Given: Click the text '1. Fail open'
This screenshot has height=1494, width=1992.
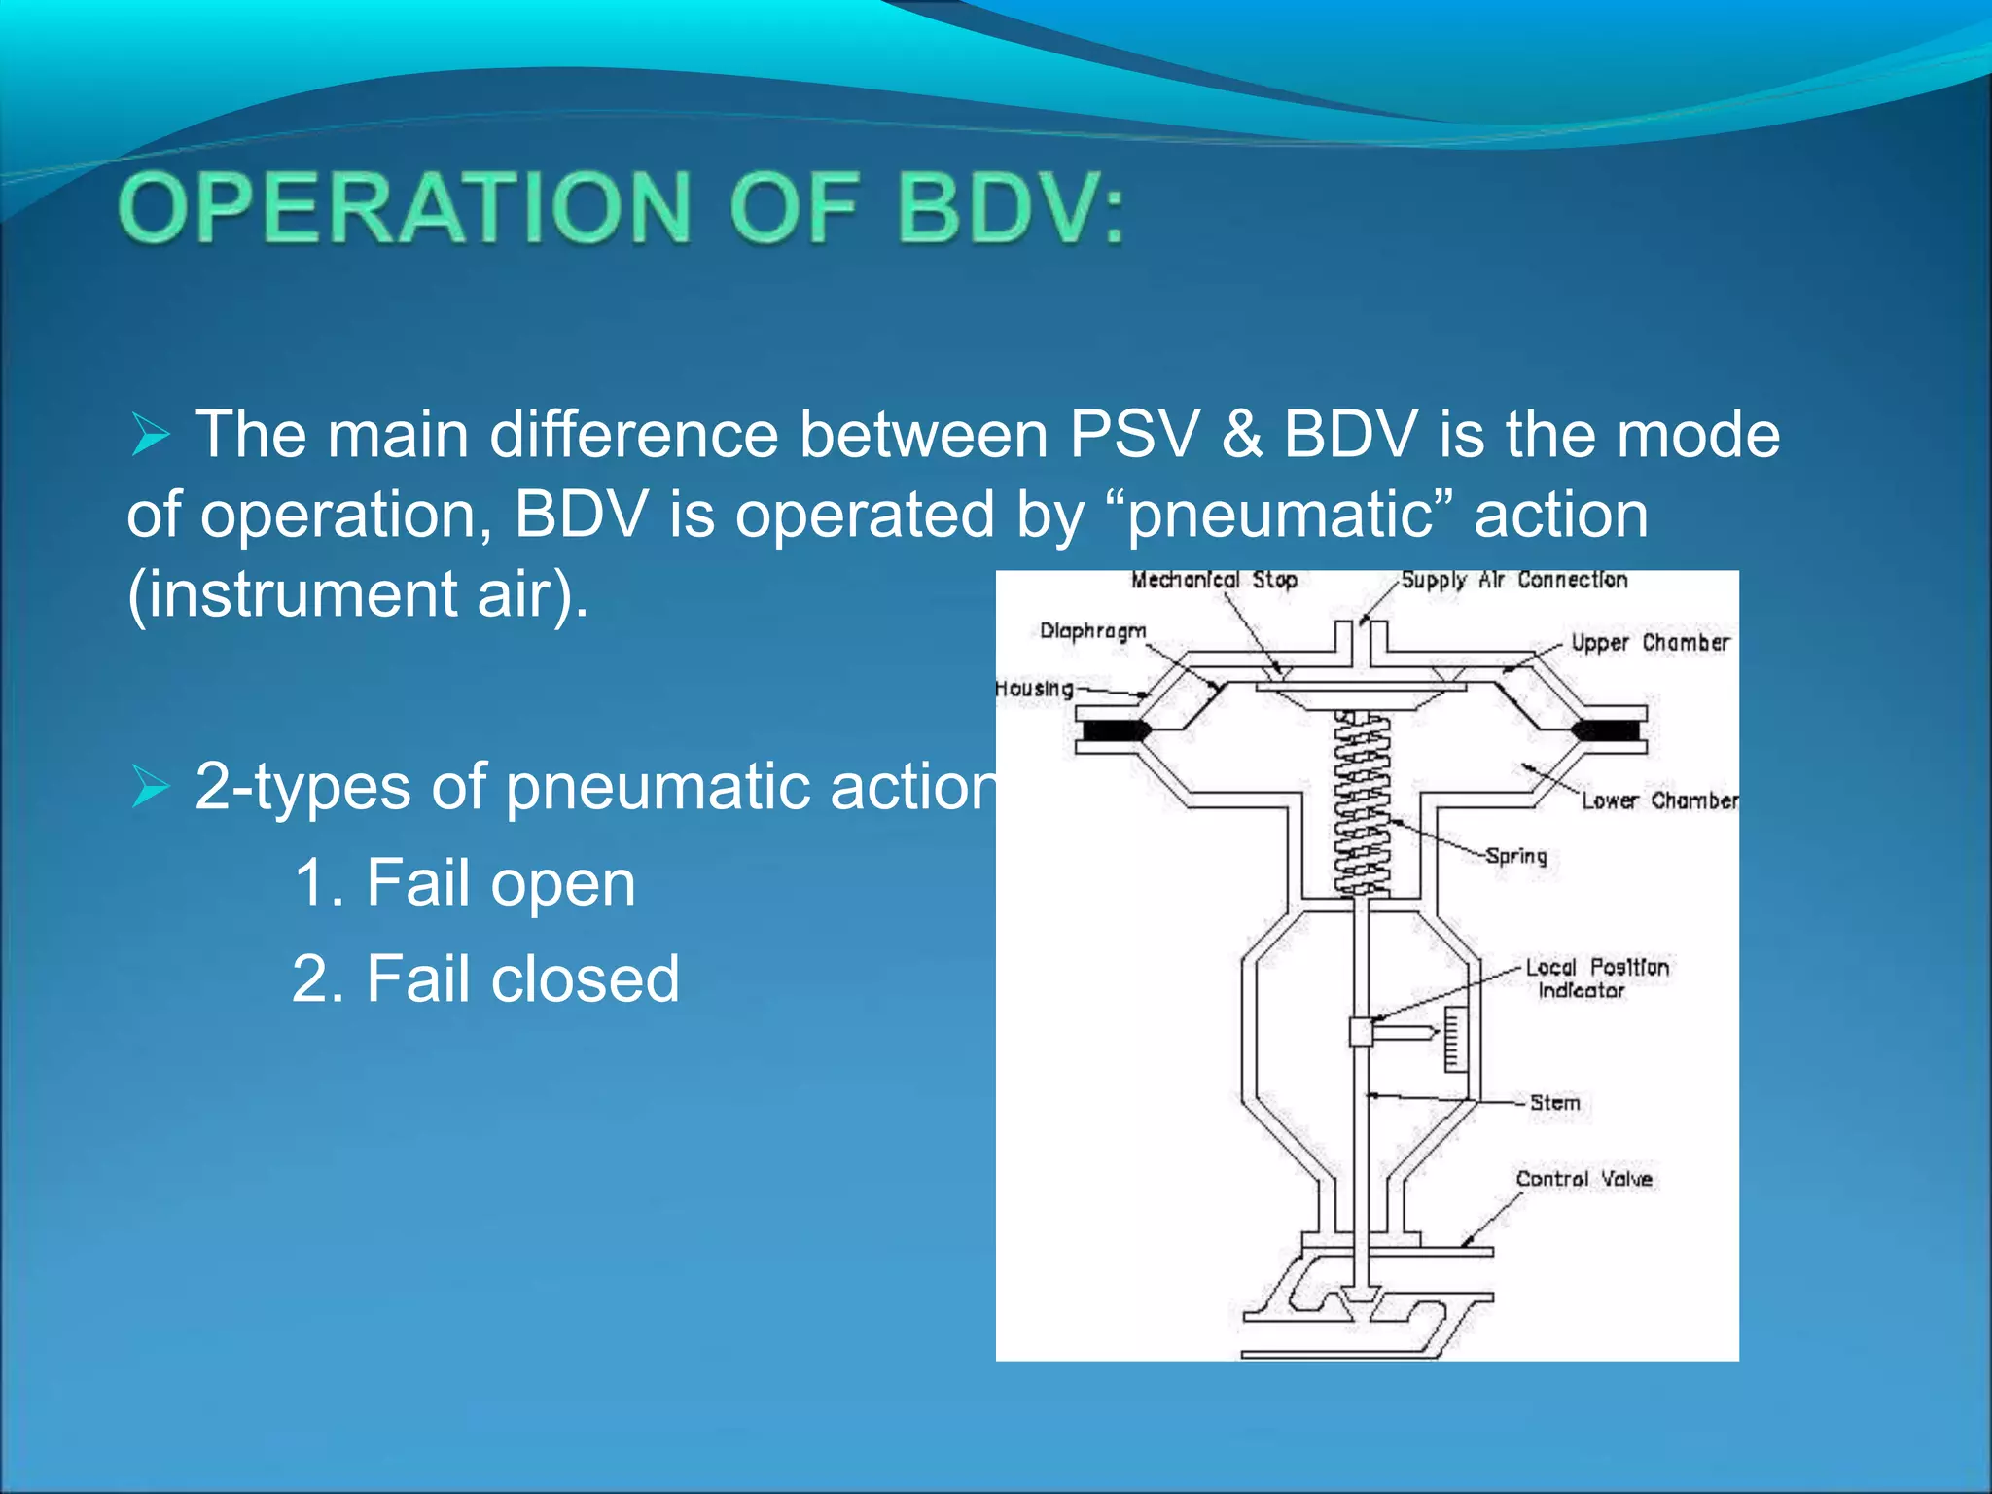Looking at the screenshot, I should click(x=465, y=883).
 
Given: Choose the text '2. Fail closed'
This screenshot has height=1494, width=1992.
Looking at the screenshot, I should click(x=486, y=978).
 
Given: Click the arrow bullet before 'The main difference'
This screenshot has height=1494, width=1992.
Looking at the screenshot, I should click(x=151, y=435).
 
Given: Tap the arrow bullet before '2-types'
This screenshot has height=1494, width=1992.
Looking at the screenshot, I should click(x=151, y=787).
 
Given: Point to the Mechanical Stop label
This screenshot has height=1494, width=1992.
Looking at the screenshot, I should click(x=1214, y=580).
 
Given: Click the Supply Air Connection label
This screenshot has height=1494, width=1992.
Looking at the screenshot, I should click(x=1513, y=580).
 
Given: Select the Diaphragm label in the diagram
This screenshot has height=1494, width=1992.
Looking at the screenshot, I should click(x=1092, y=631).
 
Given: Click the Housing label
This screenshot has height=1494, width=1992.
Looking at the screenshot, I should click(x=1034, y=689).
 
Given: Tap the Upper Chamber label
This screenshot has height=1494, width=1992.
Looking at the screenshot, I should click(x=1651, y=643).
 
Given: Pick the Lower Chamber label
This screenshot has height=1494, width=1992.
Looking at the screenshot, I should click(x=1659, y=800).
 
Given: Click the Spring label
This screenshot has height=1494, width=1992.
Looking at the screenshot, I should click(x=1516, y=856).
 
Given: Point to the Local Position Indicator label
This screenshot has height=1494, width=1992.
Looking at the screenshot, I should click(x=1595, y=978).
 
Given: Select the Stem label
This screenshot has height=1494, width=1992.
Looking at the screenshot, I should click(x=1554, y=1103).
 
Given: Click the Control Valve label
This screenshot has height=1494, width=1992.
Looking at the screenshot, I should click(x=1583, y=1179).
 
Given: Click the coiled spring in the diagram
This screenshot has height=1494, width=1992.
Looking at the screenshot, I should click(x=1361, y=802).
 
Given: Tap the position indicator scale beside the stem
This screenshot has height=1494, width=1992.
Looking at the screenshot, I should click(x=1455, y=1039).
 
